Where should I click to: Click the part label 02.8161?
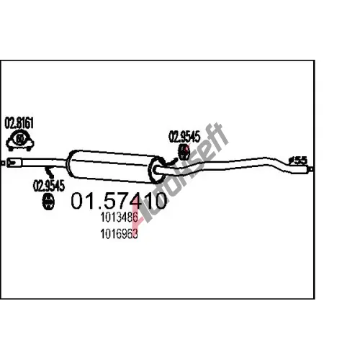(19, 123)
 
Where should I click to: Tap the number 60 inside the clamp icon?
(20, 139)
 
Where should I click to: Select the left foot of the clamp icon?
(11, 149)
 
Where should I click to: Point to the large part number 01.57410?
(119, 201)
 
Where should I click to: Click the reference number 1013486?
(119, 217)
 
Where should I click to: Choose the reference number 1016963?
(119, 234)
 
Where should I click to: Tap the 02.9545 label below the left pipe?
(49, 186)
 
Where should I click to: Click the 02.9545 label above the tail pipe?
(184, 137)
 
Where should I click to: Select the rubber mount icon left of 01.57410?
(48, 202)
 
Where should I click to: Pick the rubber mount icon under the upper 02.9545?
(184, 152)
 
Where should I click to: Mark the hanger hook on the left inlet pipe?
(50, 171)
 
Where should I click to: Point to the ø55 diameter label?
(298, 161)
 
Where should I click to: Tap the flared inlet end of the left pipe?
(14, 162)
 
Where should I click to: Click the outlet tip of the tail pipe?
(300, 170)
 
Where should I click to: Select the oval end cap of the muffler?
(156, 171)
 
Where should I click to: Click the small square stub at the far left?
(3, 163)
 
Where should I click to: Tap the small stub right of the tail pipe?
(311, 169)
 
